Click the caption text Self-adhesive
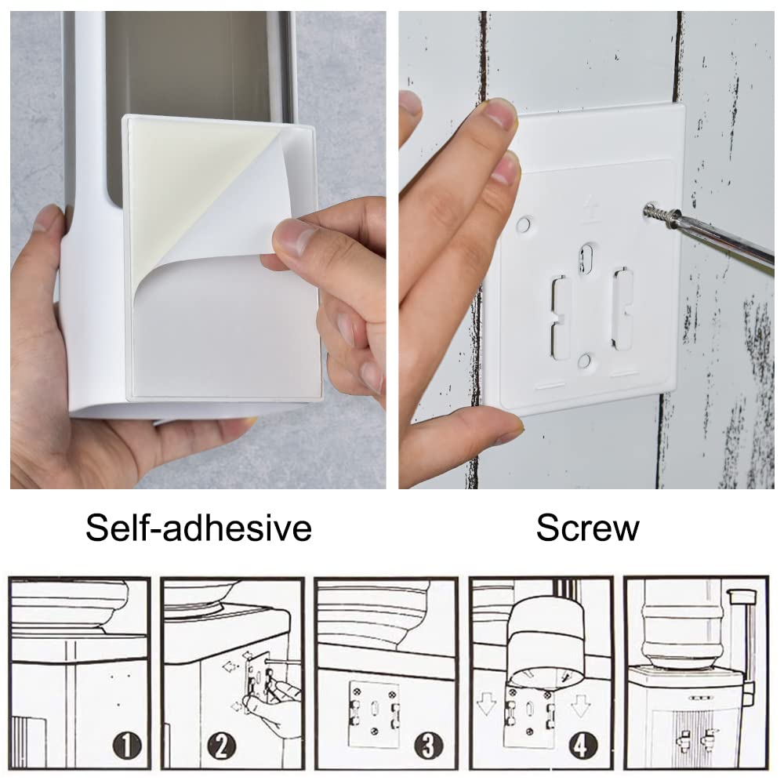tap(198, 528)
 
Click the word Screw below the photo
tap(587, 528)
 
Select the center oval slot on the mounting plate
tap(586, 259)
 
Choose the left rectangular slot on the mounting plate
tap(561, 317)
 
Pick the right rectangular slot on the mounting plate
tap(623, 308)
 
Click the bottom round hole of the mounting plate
tap(584, 361)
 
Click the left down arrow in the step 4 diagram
tap(486, 703)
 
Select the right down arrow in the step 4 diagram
tap(580, 703)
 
